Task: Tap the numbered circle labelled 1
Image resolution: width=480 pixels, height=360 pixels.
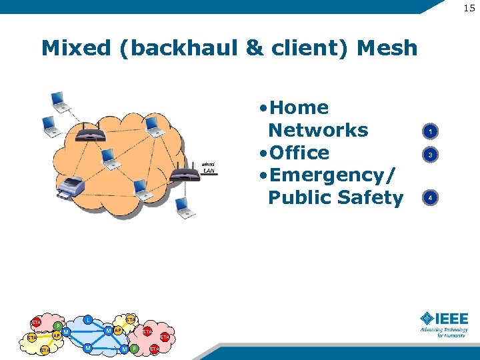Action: pos(431,132)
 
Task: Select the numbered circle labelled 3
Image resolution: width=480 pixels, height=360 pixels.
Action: pos(431,155)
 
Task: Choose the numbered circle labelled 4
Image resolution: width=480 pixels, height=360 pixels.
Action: pos(431,198)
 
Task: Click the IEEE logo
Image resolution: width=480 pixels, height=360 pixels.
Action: pos(444,323)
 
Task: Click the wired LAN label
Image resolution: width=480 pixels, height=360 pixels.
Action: pos(208,168)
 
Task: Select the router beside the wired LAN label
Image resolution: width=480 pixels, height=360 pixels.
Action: pos(184,175)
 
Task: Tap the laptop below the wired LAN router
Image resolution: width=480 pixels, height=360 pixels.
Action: pos(185,209)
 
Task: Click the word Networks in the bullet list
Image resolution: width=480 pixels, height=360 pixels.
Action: pos(317,130)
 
